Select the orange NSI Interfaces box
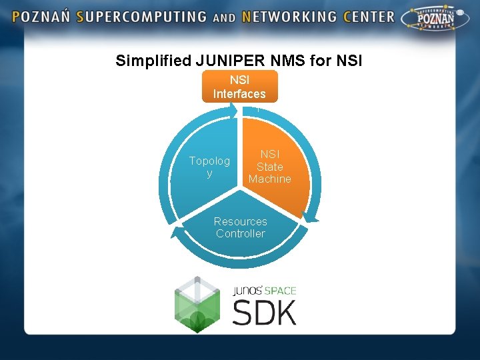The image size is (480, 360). pos(239,87)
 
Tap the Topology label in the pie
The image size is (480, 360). pos(209,167)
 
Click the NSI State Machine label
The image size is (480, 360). pos(270,167)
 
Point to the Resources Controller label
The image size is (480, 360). pos(241,227)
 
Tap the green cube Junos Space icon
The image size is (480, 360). pos(197,305)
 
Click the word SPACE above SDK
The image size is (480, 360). pos(279,291)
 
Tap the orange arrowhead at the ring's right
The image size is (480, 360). pos(311,215)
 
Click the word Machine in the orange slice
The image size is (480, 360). pos(270,179)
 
